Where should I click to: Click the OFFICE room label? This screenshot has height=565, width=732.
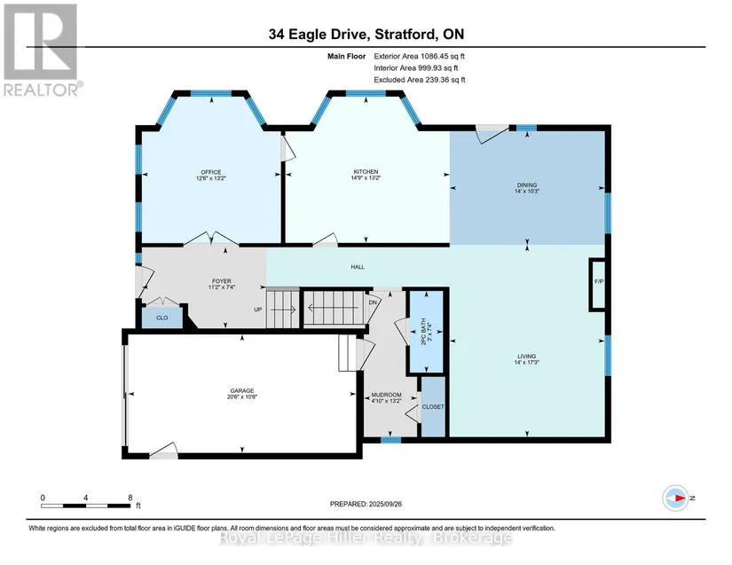pos(211,172)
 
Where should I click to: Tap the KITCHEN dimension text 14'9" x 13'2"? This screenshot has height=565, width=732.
pos(366,177)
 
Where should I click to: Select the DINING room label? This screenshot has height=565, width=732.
pos(526,184)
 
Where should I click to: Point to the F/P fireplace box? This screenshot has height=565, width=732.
pos(599,284)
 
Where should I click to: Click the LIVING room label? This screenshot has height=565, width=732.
pos(526,356)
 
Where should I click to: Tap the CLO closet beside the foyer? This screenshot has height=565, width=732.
pos(162,318)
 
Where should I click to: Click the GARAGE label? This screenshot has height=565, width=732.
pos(242,390)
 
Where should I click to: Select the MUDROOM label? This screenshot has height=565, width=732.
pos(386,395)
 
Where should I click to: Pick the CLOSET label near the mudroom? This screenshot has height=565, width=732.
pos(433,407)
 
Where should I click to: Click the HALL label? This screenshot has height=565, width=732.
pos(358,267)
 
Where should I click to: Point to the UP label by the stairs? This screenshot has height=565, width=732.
pos(257,310)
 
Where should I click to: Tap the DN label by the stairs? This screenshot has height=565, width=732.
pos(373,302)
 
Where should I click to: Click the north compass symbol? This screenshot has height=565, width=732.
pos(676,498)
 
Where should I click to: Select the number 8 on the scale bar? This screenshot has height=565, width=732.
pos(130,498)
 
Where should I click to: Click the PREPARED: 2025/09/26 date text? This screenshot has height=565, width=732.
pos(366,504)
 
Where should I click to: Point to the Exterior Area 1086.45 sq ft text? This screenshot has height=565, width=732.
pos(419,56)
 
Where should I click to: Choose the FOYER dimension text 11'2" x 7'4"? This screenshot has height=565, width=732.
pos(221,287)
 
